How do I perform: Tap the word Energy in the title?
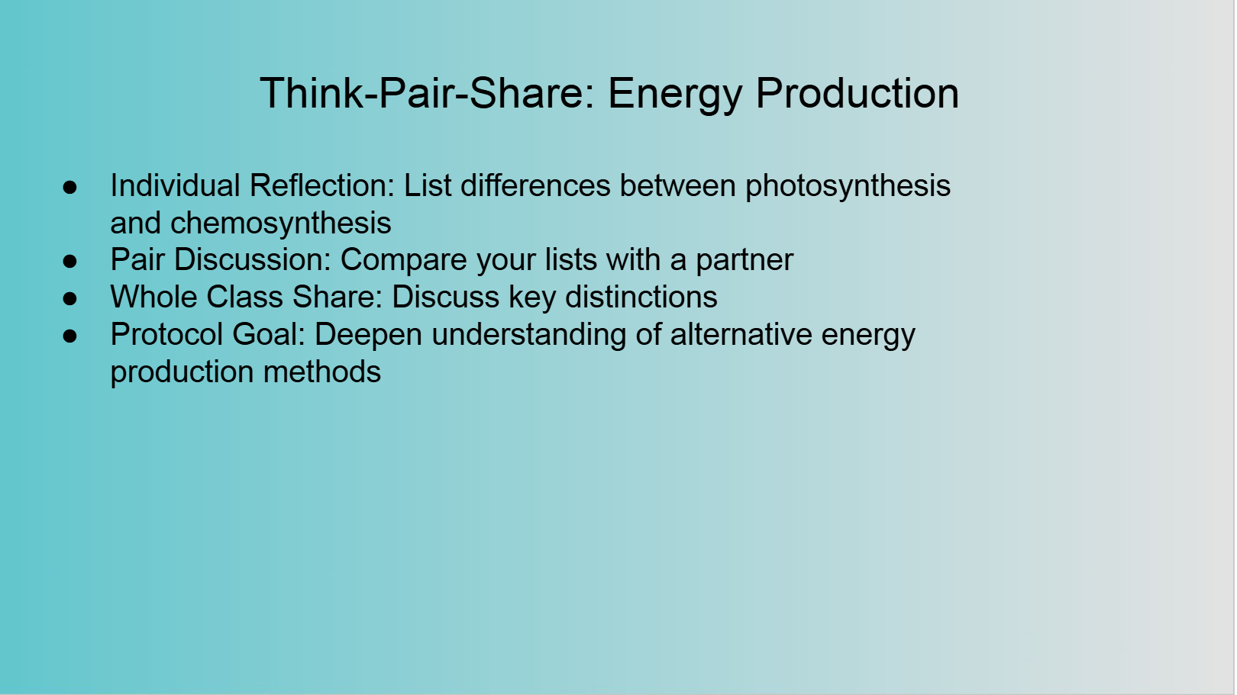[676, 95]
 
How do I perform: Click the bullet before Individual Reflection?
[70, 187]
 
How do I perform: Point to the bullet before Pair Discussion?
[70, 261]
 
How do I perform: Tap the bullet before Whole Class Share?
[70, 298]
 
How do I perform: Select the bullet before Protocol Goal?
[70, 336]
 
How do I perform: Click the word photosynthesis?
[848, 186]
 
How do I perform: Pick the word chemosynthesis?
[281, 224]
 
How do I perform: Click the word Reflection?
[322, 185]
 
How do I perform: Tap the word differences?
[536, 185]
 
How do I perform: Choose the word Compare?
[404, 261]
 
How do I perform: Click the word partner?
[744, 261]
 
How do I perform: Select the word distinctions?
[641, 297]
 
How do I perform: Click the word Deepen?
[368, 336]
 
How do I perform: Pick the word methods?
[322, 372]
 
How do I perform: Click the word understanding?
[528, 336]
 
